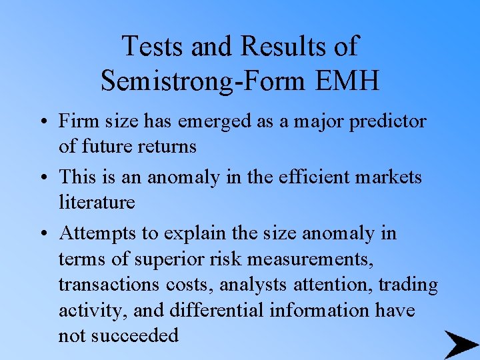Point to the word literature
click(x=97, y=202)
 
